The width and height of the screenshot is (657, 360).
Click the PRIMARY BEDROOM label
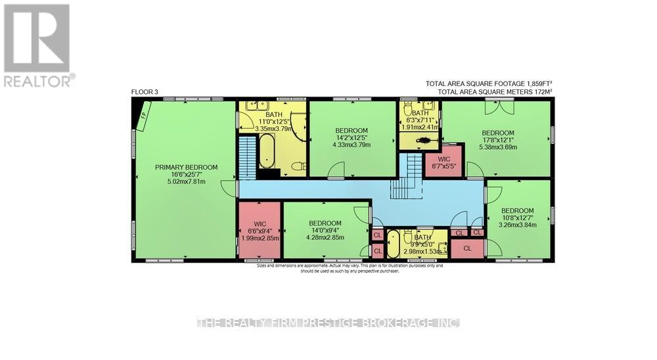(x=186, y=168)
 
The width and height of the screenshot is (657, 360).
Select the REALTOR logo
(x=37, y=45)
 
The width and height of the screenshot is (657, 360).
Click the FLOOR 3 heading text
(x=145, y=92)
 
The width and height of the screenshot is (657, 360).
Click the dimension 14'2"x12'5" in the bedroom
(x=351, y=137)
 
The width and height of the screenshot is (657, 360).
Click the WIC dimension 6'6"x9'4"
(x=260, y=231)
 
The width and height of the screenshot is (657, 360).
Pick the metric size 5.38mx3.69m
(x=497, y=147)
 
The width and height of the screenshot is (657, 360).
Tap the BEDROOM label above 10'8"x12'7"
(x=518, y=211)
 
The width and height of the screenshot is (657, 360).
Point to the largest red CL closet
(x=467, y=248)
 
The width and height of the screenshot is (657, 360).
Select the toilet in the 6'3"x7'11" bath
(x=425, y=141)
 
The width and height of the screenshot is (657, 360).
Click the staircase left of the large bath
(x=246, y=157)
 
